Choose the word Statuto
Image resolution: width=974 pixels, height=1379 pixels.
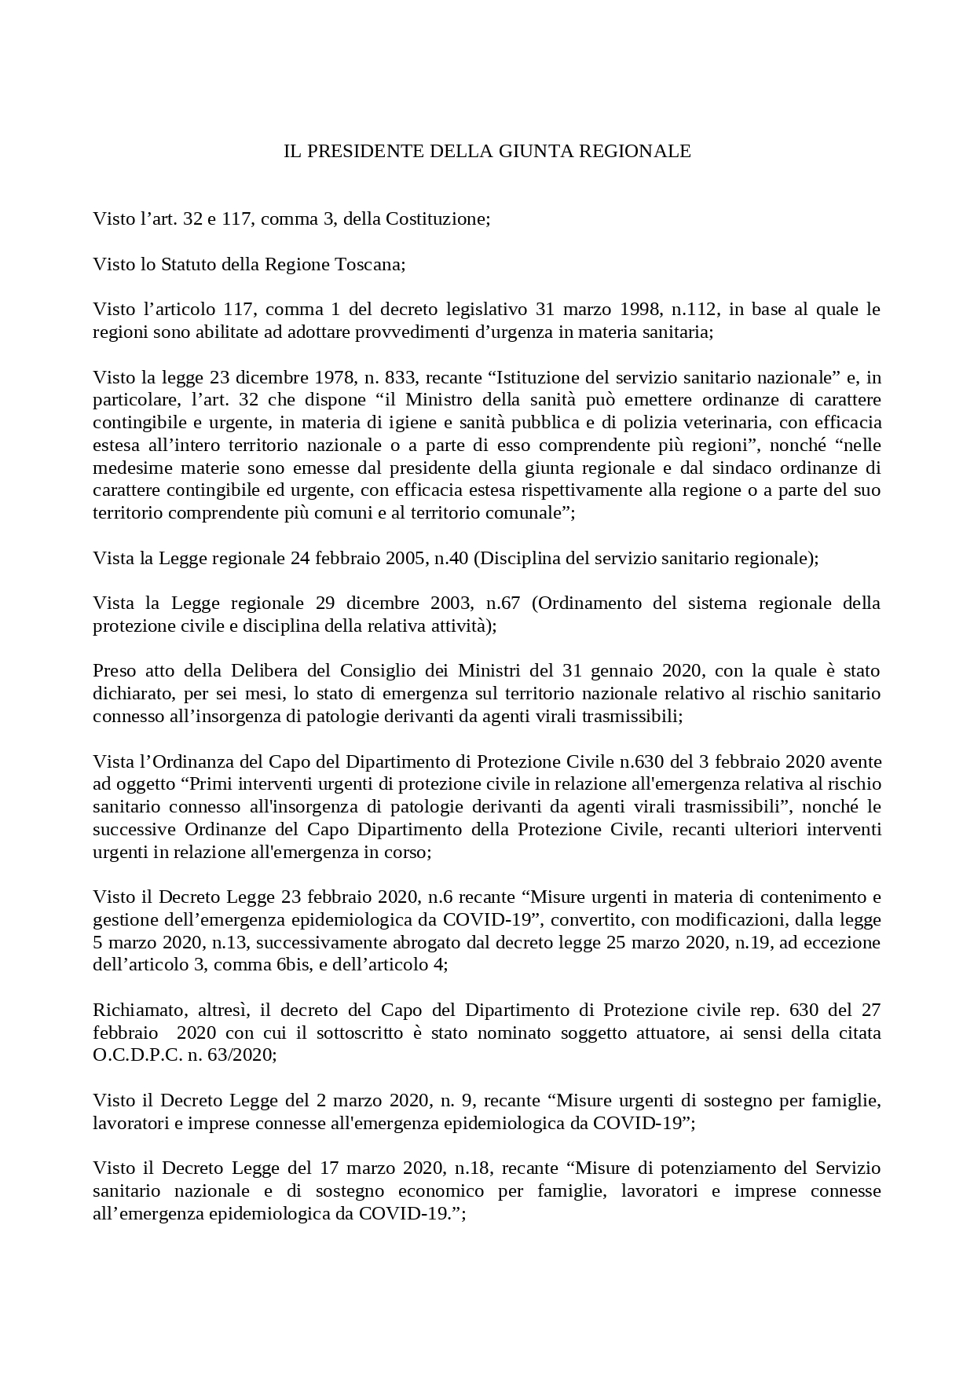point(188,264)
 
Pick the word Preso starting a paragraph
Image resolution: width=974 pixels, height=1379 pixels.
point(115,671)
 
